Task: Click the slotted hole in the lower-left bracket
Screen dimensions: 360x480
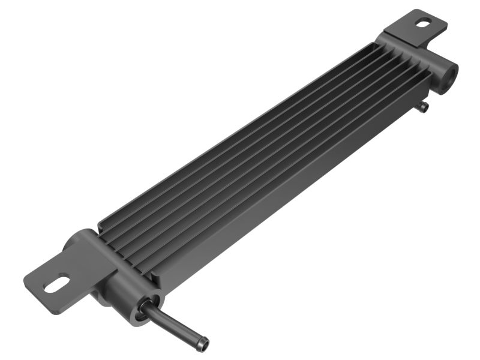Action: tap(57, 283)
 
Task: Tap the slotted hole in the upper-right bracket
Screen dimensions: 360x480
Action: tap(423, 24)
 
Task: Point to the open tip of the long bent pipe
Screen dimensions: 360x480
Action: tap(205, 344)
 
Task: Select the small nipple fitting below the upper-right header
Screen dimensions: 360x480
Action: tap(424, 107)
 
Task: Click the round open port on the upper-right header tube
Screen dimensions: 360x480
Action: tap(447, 76)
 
